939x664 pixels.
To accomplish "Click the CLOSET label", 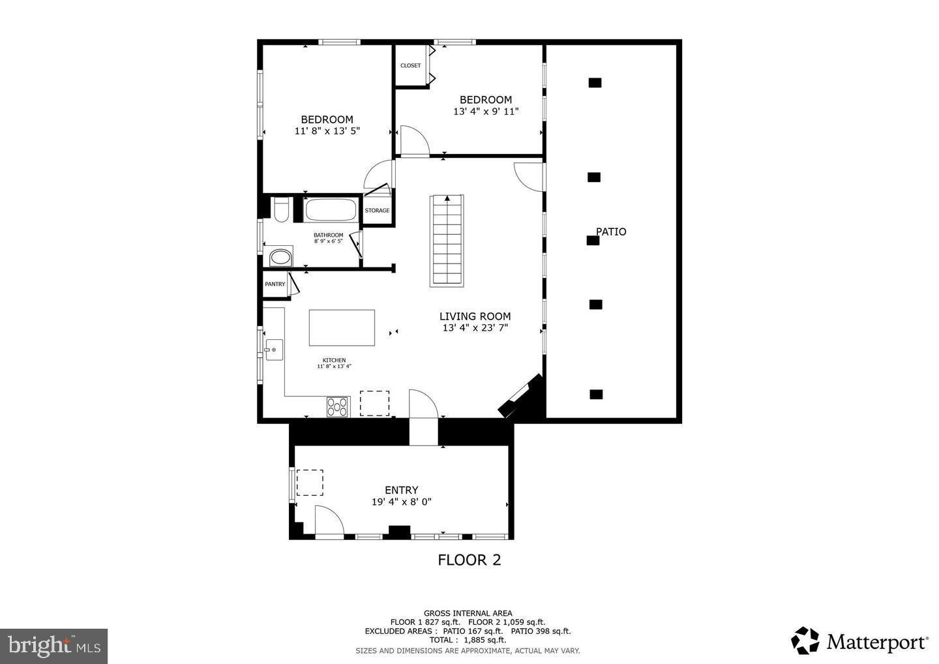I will coord(410,65).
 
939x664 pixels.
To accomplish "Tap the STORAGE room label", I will coord(377,210).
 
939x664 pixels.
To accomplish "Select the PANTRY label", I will coord(275,284).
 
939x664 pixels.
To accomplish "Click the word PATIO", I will coord(611,232).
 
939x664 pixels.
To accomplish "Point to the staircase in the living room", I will coord(447,240).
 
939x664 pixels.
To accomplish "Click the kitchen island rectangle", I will coord(342,327).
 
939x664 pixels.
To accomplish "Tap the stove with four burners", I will coord(338,406).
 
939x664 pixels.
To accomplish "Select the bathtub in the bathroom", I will coord(331,210).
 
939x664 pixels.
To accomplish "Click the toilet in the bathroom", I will coord(282,210).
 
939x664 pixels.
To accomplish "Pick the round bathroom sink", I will coord(281,257).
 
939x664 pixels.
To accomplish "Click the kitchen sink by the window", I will coord(273,350).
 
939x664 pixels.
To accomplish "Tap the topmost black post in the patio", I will coord(595,82).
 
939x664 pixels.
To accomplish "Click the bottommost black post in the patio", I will coord(596,394).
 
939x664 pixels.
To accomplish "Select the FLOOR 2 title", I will coord(469,560).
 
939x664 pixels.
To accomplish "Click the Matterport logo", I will coord(860,641).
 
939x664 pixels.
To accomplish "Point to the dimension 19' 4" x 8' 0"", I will coord(401,502).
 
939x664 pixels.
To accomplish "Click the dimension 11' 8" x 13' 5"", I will coord(327,131).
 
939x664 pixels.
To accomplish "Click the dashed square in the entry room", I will coord(310,483).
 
